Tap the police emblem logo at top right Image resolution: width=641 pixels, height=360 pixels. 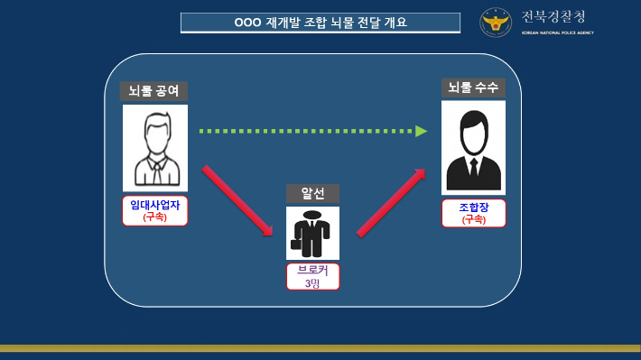click(495, 23)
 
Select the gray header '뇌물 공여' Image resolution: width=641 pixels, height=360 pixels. click(154, 91)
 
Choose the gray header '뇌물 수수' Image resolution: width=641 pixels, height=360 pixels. click(473, 88)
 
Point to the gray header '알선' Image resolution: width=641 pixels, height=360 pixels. click(312, 194)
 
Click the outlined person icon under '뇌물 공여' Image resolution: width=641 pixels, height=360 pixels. click(154, 147)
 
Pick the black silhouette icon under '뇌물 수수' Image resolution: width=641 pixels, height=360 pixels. click(473, 147)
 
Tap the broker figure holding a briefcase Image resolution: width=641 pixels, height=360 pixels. click(313, 233)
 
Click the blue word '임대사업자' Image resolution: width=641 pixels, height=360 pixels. click(154, 205)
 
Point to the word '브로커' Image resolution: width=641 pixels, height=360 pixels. click(313, 271)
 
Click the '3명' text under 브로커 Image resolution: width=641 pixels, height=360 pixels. click(313, 283)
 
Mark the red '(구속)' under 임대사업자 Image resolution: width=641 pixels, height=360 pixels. click(154, 217)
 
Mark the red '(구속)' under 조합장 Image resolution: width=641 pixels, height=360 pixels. click(473, 219)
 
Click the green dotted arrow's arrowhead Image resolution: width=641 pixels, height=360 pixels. click(421, 131)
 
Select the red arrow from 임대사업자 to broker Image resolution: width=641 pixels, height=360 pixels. click(237, 200)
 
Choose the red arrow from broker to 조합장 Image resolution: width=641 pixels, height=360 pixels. click(391, 202)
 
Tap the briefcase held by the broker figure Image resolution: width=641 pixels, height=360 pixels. click(294, 244)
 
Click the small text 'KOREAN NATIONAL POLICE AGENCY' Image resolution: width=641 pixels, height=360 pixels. click(557, 32)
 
